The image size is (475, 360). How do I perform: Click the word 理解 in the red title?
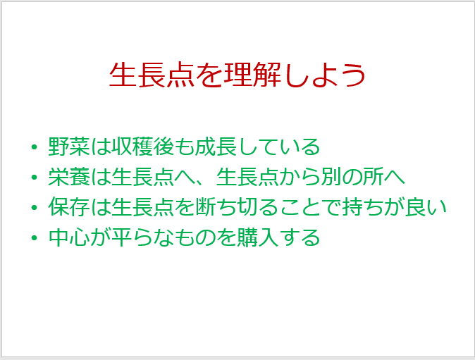coord(252,75)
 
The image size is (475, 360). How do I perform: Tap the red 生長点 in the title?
coord(152,75)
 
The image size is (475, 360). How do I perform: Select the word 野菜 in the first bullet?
coord(69,147)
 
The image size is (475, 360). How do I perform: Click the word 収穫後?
coord(142,147)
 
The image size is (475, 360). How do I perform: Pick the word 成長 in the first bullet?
coord(216,147)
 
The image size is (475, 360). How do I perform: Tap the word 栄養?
coord(69,177)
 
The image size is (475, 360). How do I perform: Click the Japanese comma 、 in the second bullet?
coord(200,182)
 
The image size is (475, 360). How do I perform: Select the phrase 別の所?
coord(352,177)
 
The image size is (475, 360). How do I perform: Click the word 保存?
coord(69,207)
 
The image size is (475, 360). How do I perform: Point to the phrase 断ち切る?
coord(237,207)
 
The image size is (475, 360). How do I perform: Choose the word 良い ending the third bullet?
coord(426,207)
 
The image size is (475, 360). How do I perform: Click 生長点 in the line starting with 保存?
coord(142,207)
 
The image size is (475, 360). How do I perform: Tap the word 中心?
coord(69,237)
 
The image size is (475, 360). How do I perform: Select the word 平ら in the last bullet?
coord(132,237)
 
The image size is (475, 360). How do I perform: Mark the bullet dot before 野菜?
coord(34,147)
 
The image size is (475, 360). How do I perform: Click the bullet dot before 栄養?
coord(34,177)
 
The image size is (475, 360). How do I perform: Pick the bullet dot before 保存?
coord(34,207)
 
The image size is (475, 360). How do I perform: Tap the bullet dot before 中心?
coord(34,237)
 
